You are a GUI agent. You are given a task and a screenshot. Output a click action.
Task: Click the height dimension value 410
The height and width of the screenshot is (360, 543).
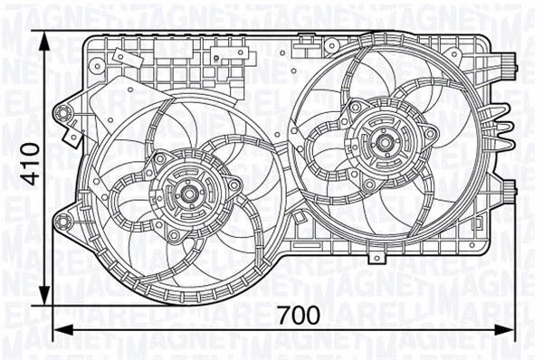pyautogui.click(x=30, y=164)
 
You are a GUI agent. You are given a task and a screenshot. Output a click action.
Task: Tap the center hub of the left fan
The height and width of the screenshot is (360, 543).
pyautogui.click(x=188, y=192)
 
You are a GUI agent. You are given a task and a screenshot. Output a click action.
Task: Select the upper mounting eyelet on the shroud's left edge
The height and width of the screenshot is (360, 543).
pyautogui.click(x=62, y=112)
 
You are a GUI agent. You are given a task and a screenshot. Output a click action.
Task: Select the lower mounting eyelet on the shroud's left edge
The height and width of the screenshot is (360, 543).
pyautogui.click(x=62, y=221)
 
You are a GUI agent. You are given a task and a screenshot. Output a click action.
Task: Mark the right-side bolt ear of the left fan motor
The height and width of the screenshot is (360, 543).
pyautogui.click(x=234, y=186)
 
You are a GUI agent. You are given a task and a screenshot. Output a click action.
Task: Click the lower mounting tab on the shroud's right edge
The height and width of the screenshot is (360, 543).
pyautogui.click(x=508, y=190)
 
